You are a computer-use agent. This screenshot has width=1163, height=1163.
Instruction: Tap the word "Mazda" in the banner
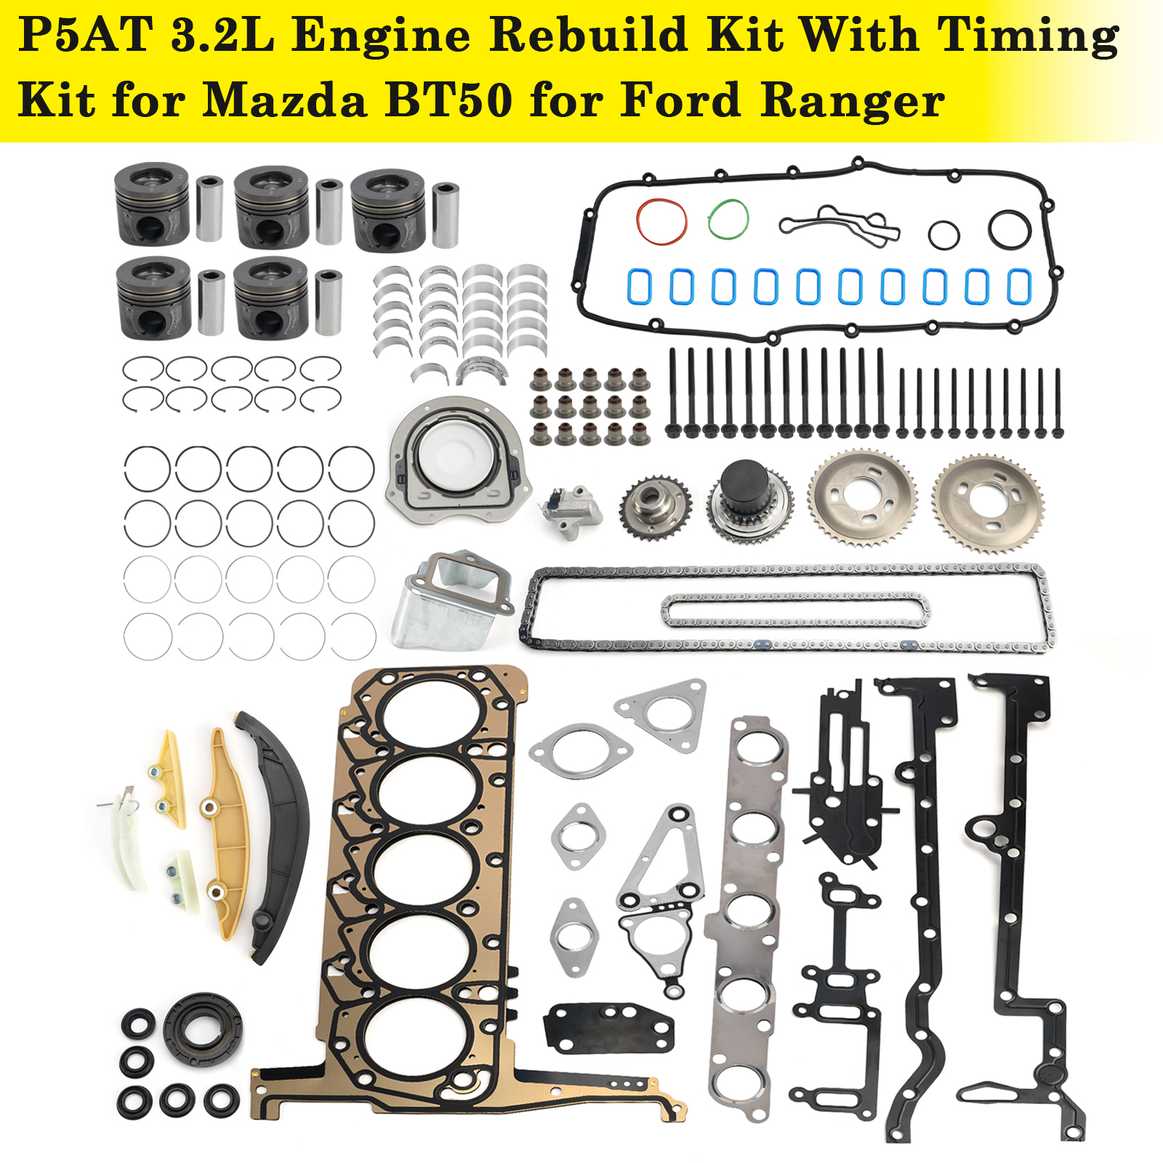point(284,100)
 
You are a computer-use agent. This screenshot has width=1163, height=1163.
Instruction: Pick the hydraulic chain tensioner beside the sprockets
point(571,510)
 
